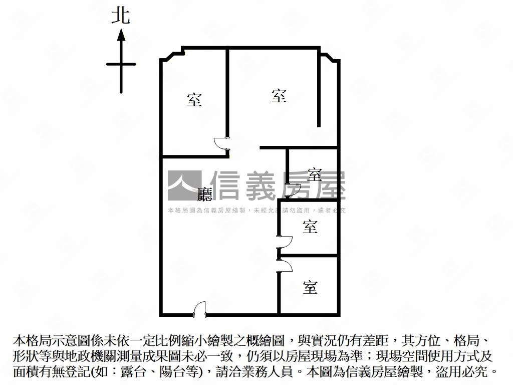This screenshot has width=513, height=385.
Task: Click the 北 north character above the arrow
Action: [x=121, y=16]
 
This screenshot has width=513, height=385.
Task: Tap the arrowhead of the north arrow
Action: [x=121, y=35]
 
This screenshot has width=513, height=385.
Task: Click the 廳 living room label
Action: [x=205, y=194]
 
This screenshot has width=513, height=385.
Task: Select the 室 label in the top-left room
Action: [x=194, y=100]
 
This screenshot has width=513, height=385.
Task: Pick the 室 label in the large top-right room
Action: [x=279, y=95]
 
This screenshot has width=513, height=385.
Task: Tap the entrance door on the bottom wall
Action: [x=199, y=309]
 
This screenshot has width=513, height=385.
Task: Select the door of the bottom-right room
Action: [x=285, y=266]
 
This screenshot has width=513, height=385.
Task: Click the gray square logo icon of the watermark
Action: [x=184, y=185]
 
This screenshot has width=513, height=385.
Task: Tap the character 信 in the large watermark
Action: [x=225, y=185]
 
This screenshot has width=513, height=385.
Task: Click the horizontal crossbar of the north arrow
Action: [x=121, y=64]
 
